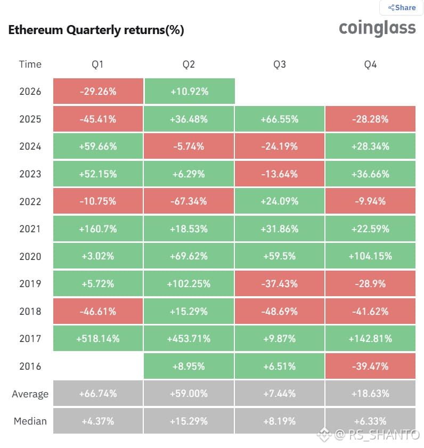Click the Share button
[402, 7]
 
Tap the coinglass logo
[377, 29]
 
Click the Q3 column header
[280, 64]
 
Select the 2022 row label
[30, 201]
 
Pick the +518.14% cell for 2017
[98, 339]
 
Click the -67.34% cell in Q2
[189, 201]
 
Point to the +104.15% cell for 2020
[370, 256]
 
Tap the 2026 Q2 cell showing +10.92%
[190, 92]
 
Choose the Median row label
[30, 421]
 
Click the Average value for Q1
[98, 394]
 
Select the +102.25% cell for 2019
[189, 284]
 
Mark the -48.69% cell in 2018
[280, 311]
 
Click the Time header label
[30, 64]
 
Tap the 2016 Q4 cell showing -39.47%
[370, 366]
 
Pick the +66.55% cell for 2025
[280, 119]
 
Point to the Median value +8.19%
[280, 421]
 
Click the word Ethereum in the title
[36, 30]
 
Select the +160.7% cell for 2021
[98, 229]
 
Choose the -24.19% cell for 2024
[280, 146]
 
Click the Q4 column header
[370, 64]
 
